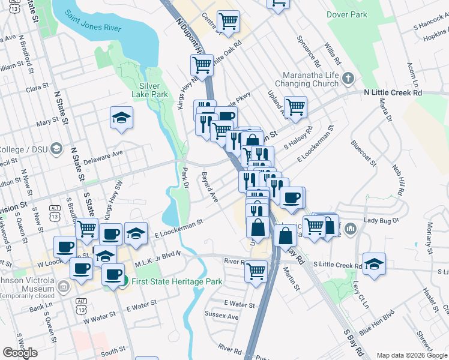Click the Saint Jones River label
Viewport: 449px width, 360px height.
click(93, 20)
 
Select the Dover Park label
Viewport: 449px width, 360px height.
click(346, 13)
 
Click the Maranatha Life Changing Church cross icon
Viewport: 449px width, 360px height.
click(348, 79)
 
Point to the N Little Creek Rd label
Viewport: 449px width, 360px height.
click(393, 93)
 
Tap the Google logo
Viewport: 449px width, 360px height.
click(20, 353)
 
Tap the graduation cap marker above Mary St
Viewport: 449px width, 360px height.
click(121, 118)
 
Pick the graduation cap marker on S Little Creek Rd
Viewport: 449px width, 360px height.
click(374, 264)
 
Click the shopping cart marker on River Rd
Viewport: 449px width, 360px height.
click(256, 271)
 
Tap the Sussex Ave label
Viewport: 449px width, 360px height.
click(222, 316)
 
